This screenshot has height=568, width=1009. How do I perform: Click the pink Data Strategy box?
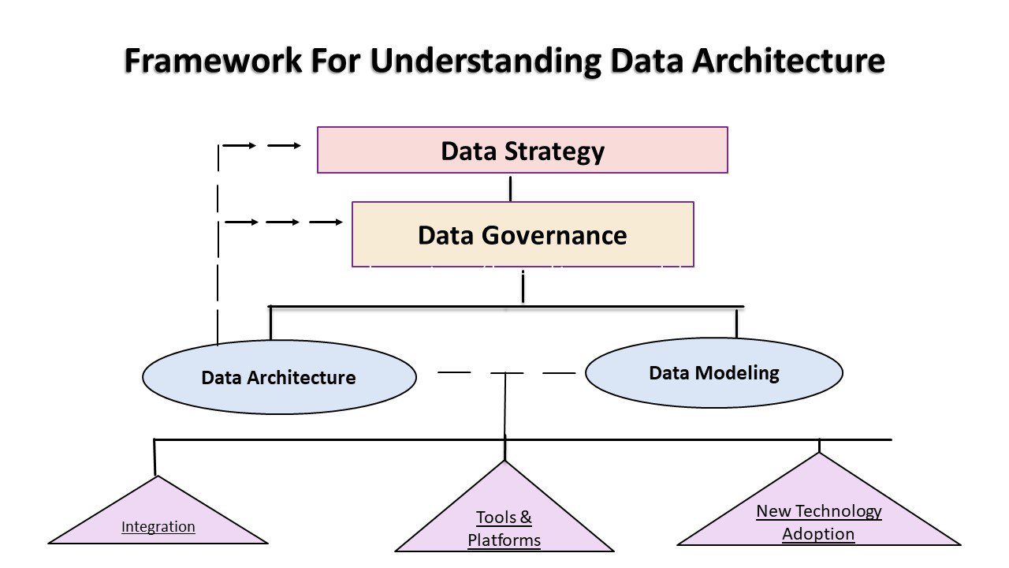pyautogui.click(x=522, y=150)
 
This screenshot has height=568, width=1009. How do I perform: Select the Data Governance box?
pyautogui.click(x=523, y=234)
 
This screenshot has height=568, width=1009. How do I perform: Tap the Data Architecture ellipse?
pyautogui.click(x=279, y=377)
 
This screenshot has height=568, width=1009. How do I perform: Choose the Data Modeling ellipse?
pyautogui.click(x=714, y=372)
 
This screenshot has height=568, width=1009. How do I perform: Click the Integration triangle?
pyautogui.click(x=158, y=521)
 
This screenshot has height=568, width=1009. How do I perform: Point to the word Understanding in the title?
pyautogui.click(x=486, y=62)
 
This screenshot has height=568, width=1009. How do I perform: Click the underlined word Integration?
pyautogui.click(x=158, y=527)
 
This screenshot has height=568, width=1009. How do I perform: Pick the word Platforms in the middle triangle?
pyautogui.click(x=504, y=540)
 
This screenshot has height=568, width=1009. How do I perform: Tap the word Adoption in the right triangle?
pyautogui.click(x=818, y=534)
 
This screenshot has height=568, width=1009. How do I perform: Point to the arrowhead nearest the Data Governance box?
pyautogui.click(x=338, y=222)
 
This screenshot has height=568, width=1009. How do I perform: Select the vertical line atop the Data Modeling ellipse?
pyautogui.click(x=737, y=323)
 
